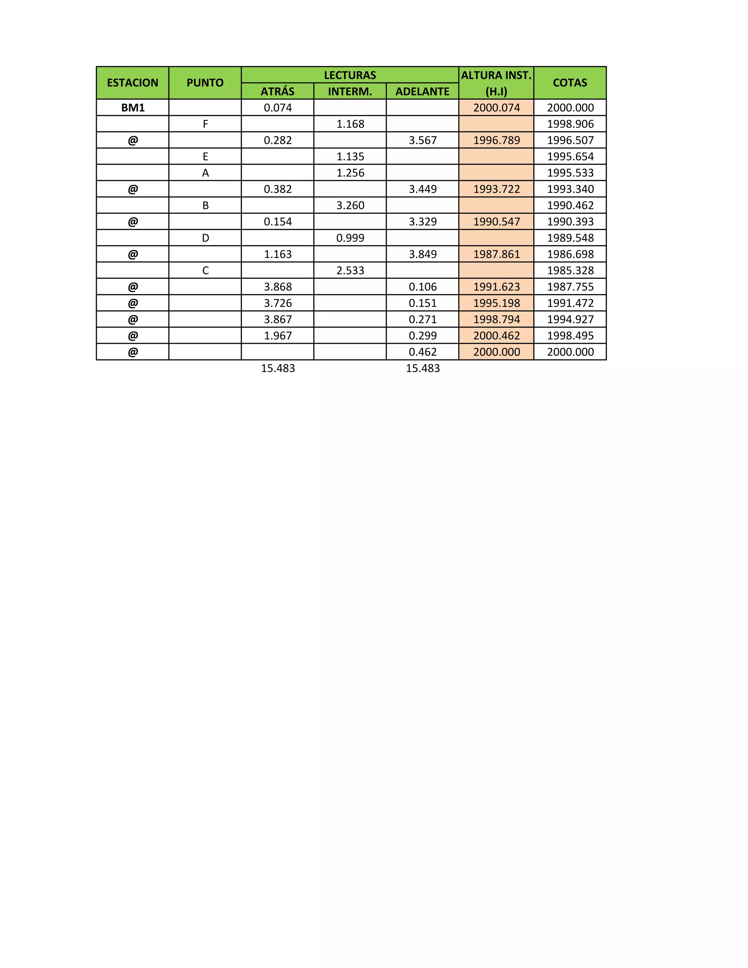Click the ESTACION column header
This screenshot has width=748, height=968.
[133, 83]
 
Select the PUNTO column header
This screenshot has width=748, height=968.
[205, 83]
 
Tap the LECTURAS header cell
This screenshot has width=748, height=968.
[350, 75]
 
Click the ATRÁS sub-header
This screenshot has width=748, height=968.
[278, 91]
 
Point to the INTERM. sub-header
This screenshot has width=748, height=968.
[350, 91]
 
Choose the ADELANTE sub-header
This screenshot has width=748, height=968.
[422, 91]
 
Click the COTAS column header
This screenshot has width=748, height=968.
[570, 83]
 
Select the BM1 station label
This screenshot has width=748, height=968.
[133, 108]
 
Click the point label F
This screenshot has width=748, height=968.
[205, 124]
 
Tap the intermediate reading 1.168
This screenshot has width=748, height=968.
[350, 124]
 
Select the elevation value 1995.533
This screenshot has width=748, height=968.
[570, 173]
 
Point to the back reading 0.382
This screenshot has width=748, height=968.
[278, 189]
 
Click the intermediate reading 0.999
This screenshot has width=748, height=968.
[350, 238]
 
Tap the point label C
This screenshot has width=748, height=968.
[205, 270]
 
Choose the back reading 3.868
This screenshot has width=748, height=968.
[278, 287]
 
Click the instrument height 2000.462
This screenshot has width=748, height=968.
[496, 336]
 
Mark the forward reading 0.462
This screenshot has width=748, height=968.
[423, 352]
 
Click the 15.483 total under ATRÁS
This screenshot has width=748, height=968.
[278, 368]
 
